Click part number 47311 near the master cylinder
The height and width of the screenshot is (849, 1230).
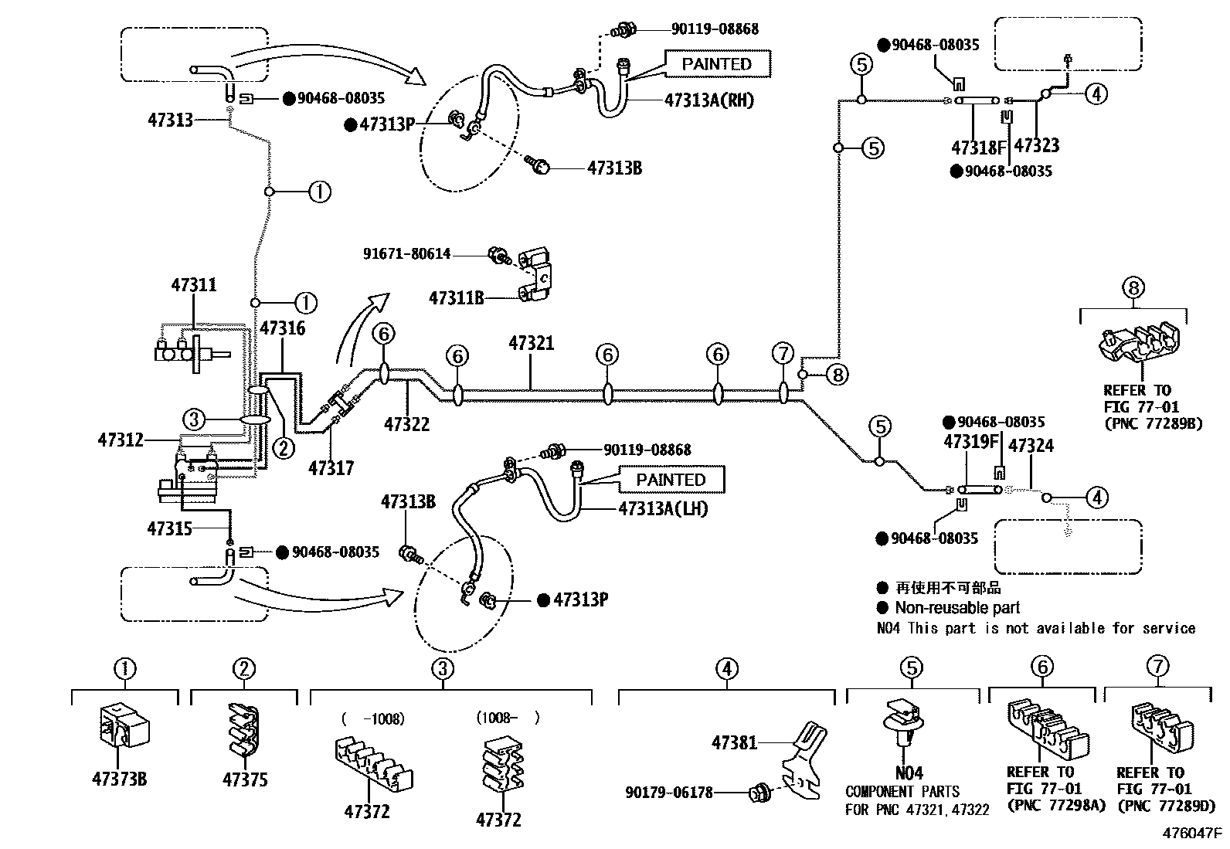click(x=193, y=285)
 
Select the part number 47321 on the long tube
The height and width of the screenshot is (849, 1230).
click(x=532, y=343)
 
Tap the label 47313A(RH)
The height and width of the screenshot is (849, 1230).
click(x=708, y=100)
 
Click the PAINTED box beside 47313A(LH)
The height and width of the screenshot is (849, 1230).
click(x=671, y=480)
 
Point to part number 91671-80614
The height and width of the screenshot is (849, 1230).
click(x=406, y=254)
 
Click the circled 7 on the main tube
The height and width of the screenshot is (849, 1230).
click(x=783, y=355)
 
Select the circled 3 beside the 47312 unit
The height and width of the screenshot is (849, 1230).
click(x=194, y=419)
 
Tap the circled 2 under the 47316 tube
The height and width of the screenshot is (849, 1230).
click(x=284, y=447)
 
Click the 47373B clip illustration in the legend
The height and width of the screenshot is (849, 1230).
click(x=124, y=727)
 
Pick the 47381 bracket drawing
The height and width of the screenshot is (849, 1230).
click(x=804, y=760)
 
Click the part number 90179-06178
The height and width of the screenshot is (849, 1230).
click(x=668, y=792)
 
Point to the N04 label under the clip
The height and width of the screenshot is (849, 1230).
click(x=909, y=773)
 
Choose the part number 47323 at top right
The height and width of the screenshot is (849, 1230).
click(x=1036, y=145)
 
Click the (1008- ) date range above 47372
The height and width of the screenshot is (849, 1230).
click(x=508, y=718)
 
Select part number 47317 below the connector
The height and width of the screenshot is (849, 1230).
click(x=331, y=468)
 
